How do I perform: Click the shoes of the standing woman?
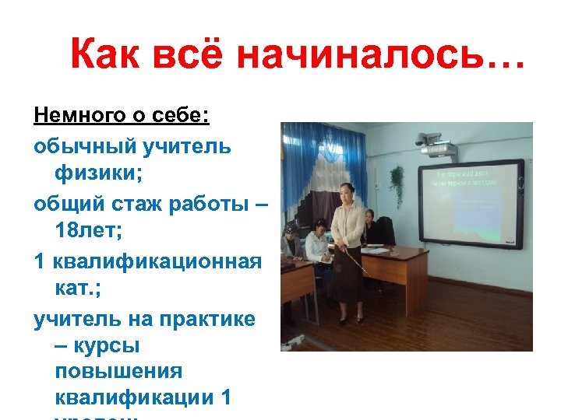[350, 319]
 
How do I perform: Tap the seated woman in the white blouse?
[317, 245]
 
